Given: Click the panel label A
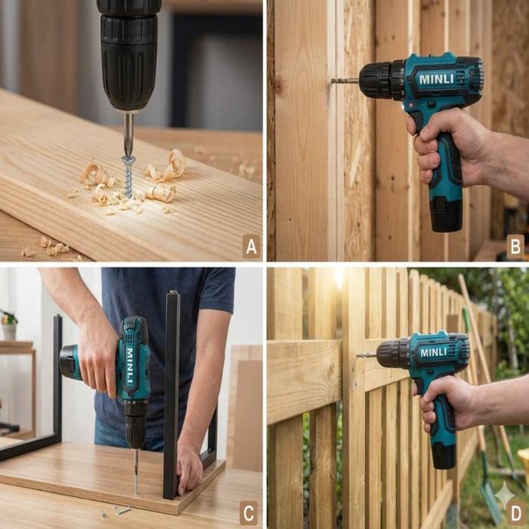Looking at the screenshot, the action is [252, 246].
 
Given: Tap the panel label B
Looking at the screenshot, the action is [515, 246].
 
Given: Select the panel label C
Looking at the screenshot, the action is [249, 513].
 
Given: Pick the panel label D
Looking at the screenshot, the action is [516, 513].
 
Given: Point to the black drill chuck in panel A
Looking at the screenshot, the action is [129, 54].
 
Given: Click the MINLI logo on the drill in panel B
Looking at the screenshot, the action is [437, 79].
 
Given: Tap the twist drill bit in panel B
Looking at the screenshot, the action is [344, 81].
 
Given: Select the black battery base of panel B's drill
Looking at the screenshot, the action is [446, 214].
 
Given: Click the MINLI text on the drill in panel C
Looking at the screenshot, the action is [130, 366].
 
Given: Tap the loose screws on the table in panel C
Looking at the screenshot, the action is [116, 511].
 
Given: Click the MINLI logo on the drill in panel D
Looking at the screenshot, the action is [434, 353].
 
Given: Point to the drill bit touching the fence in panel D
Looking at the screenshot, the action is [367, 355].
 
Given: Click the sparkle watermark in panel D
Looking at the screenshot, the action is [504, 496].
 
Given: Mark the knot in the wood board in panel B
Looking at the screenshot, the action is [279, 87].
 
